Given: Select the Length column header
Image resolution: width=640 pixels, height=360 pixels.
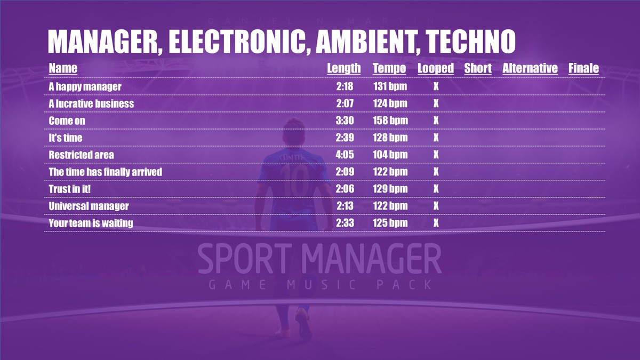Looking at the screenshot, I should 343,68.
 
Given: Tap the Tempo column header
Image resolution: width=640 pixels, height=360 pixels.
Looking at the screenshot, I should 389,68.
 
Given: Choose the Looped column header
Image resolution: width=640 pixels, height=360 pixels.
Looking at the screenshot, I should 436,68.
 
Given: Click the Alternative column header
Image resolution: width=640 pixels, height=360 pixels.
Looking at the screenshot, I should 530,68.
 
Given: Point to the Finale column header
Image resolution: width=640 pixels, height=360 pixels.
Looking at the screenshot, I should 583,68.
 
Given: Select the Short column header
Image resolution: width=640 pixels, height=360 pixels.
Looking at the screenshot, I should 478,68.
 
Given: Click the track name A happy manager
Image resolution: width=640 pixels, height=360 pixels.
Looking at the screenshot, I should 85,86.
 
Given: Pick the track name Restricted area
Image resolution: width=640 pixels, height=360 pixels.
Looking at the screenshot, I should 81,155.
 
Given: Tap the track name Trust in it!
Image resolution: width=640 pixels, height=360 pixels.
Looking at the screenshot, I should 70,189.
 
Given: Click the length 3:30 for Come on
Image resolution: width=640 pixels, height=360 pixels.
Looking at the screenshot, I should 345,121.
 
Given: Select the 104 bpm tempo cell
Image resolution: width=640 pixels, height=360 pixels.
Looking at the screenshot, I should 390,155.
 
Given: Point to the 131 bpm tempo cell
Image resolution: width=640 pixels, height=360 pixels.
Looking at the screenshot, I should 390,86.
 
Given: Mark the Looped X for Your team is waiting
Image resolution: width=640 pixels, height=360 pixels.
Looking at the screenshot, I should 436,223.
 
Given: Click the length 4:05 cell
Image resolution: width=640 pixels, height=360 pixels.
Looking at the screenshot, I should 345,155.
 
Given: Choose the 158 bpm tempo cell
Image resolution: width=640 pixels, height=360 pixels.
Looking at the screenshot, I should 390,121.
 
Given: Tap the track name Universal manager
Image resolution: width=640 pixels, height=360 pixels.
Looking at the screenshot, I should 89,206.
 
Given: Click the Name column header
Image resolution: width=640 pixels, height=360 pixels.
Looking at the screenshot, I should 63,68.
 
